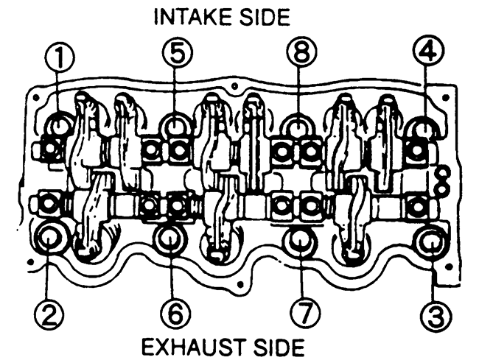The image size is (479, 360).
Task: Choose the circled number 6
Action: tap(173, 314)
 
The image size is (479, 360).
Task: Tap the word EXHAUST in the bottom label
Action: tap(188, 345)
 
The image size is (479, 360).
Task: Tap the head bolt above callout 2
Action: tap(51, 239)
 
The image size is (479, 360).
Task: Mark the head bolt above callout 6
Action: tap(170, 238)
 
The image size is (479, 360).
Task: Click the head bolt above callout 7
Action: tap(298, 239)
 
